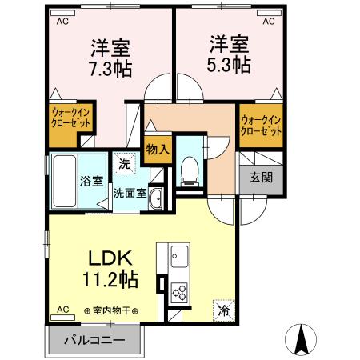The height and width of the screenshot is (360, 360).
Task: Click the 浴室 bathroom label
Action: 90,181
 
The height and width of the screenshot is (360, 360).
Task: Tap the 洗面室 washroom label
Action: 129,193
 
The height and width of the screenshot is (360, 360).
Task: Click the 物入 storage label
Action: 158,150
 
